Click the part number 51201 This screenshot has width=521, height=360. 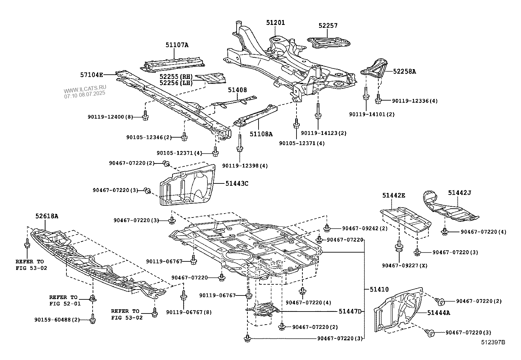click(275, 23)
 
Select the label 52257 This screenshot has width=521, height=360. click(328, 26)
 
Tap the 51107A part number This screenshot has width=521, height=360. click(177, 45)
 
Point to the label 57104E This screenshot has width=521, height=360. click(92, 75)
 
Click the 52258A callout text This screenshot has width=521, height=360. click(404, 71)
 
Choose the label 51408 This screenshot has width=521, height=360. click(237, 90)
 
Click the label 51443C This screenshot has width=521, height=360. click(237, 183)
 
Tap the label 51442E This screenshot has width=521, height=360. click(394, 196)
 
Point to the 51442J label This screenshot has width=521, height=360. click(459, 193)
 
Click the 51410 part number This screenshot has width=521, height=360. click(379, 289)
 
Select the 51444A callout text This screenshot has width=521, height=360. click(439, 313)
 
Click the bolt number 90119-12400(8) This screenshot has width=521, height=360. click(110, 117)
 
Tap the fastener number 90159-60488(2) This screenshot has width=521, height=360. click(57, 319)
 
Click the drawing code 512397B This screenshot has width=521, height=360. click(493, 343)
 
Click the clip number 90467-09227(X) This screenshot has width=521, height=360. click(404, 266)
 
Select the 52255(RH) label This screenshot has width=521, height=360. click(176, 77)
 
